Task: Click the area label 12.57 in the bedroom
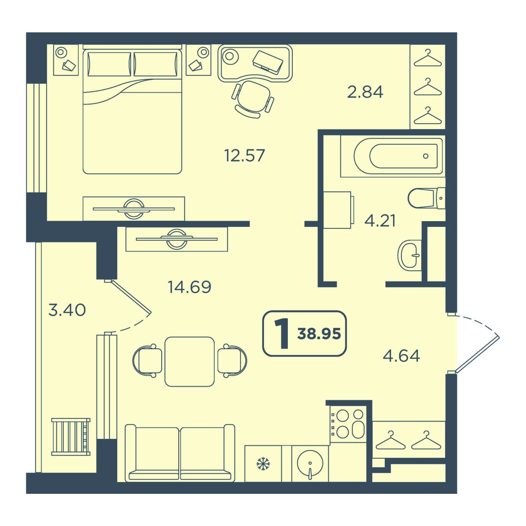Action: (x=244, y=155)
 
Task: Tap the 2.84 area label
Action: (x=365, y=92)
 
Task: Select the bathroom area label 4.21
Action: (x=380, y=221)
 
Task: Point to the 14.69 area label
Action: (x=189, y=287)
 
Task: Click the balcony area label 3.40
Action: (x=67, y=310)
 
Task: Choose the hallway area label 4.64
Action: (x=401, y=356)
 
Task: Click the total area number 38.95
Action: (x=319, y=334)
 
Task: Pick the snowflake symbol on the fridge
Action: (x=263, y=464)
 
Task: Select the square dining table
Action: (x=189, y=361)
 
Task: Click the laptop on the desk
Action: (x=268, y=62)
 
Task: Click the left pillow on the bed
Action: (x=109, y=64)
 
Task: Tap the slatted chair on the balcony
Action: (x=71, y=436)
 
